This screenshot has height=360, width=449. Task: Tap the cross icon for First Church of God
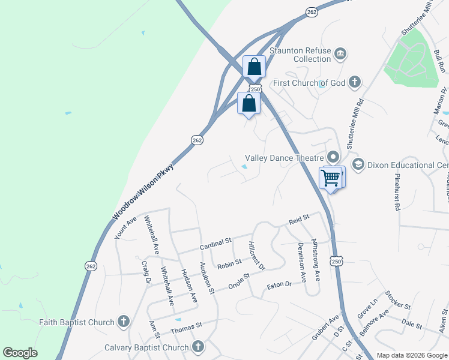tap(355, 82)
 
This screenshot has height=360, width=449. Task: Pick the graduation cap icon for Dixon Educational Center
tap(358, 164)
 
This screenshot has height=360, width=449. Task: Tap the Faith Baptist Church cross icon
tap(124, 322)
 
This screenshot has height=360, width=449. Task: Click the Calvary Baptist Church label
tap(146, 347)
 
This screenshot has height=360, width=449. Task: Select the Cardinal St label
tap(215, 242)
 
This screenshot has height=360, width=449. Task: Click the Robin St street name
tap(229, 263)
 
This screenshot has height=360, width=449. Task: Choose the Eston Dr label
tap(279, 284)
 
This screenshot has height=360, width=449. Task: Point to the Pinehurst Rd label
tap(397, 193)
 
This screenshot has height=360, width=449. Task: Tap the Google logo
tap(20, 353)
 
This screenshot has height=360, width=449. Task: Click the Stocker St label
tap(398, 300)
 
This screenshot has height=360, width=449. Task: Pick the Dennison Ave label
tap(302, 262)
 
